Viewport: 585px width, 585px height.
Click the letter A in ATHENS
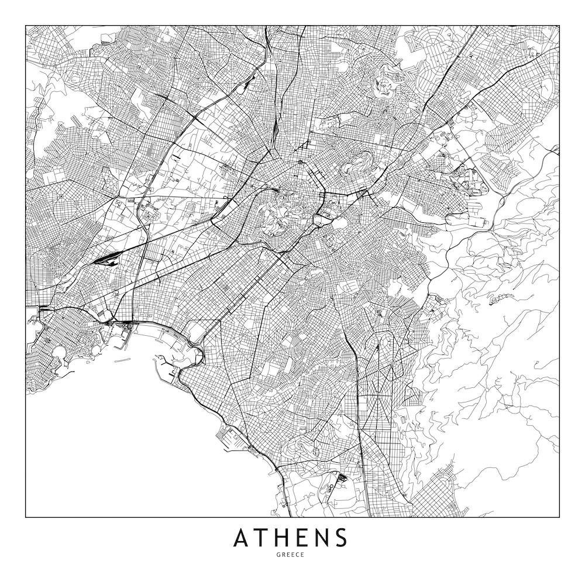click(x=242, y=538)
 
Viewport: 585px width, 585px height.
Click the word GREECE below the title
click(x=292, y=555)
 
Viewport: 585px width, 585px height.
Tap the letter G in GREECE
click(x=283, y=555)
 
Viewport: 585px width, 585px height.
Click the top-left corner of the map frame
click(x=26, y=26)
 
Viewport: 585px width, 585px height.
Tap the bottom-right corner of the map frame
click(x=559, y=517)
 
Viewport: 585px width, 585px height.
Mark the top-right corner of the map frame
click(x=559, y=26)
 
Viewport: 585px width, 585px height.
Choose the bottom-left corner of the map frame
click(x=26, y=517)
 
